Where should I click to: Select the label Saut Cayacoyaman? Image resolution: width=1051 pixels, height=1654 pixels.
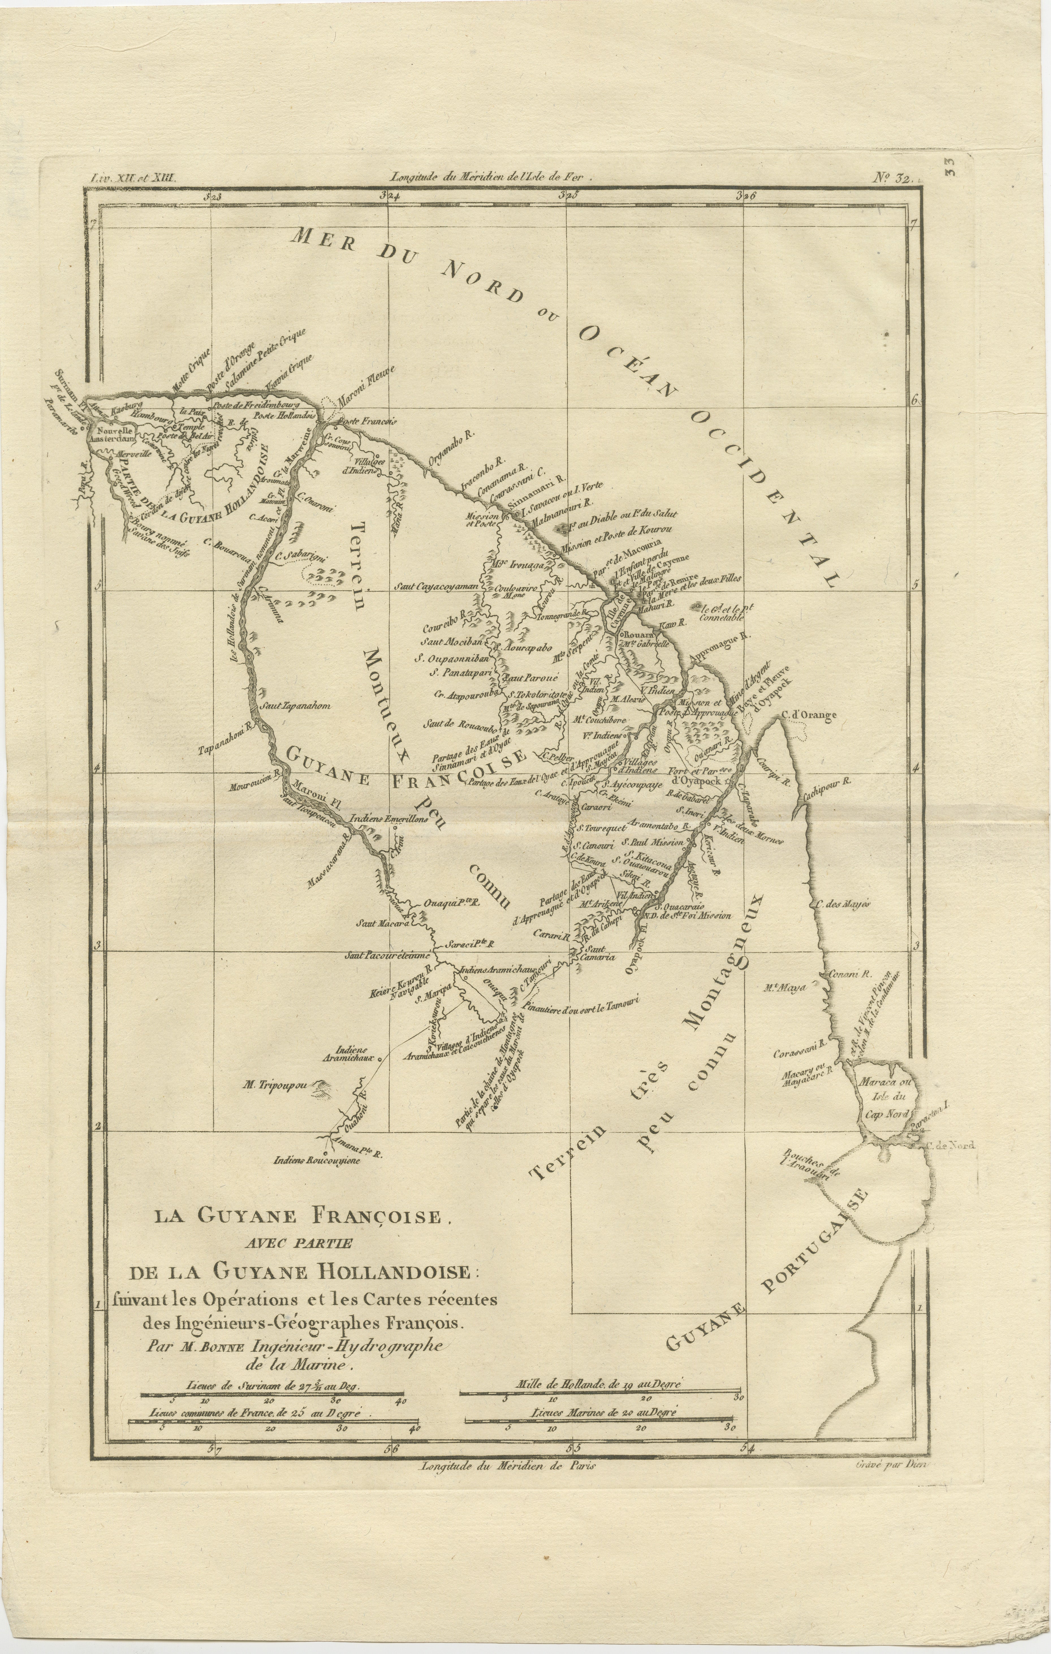tap(435, 587)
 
